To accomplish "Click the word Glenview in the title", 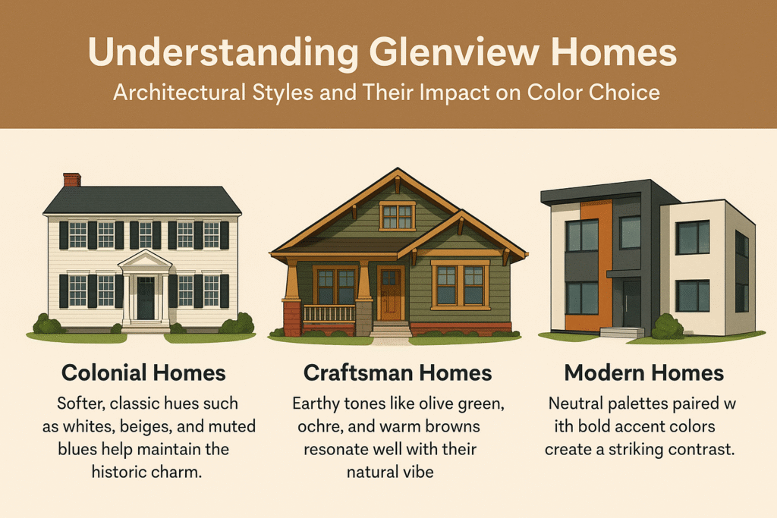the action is (x=454, y=52).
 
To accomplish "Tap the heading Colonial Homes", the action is (x=143, y=373).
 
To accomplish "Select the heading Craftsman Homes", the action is (x=398, y=373).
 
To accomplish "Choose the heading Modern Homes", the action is (x=644, y=373).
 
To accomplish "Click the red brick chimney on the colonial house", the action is (x=72, y=180).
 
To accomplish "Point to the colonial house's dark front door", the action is (x=146, y=298).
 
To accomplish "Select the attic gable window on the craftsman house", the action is (x=398, y=216).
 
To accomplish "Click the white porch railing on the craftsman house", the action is (x=329, y=313).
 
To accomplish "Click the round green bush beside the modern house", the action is (x=667, y=327).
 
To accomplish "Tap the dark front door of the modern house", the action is (x=632, y=303).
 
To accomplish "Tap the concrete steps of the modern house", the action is (x=622, y=332).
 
